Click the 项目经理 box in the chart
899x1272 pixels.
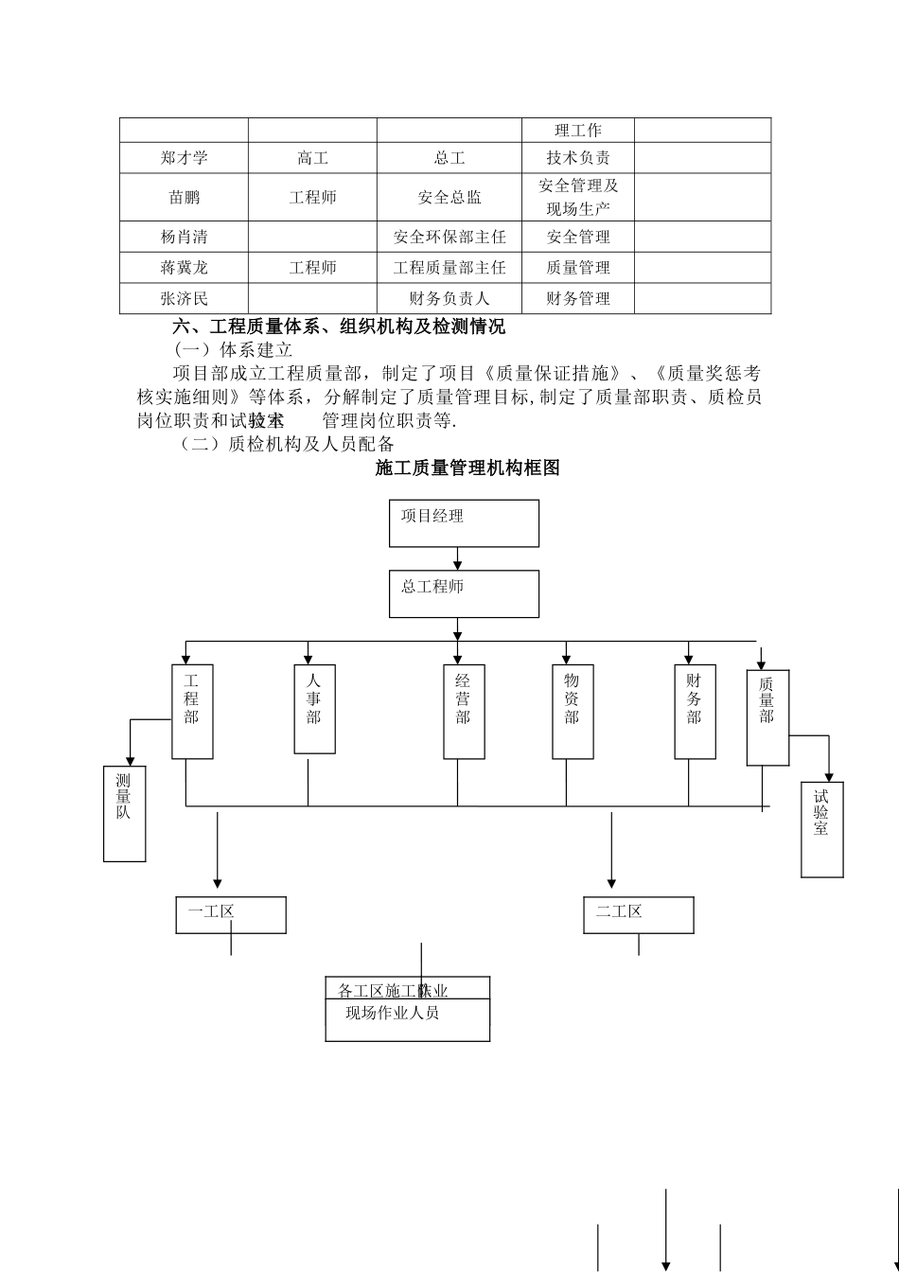click(464, 523)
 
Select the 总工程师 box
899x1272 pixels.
click(464, 593)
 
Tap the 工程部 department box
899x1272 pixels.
click(192, 711)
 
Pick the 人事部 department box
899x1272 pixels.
click(314, 709)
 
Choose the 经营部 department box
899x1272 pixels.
click(464, 711)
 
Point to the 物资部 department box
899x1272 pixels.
click(573, 711)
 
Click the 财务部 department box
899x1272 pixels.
click(695, 711)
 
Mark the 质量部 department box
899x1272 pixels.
click(767, 717)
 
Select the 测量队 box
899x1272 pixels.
click(124, 813)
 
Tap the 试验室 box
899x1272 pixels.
click(821, 829)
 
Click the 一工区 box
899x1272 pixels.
click(231, 914)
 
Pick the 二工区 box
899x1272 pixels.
click(638, 914)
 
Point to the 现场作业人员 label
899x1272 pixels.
click(393, 1014)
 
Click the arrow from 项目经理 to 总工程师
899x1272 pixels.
click(458, 558)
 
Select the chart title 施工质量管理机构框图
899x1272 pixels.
click(467, 468)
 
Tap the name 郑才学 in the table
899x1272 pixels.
click(184, 158)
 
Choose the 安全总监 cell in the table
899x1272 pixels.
click(449, 198)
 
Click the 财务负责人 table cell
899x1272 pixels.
click(449, 299)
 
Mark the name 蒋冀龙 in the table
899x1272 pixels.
click(184, 268)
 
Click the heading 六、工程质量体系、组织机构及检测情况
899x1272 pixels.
click(339, 327)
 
